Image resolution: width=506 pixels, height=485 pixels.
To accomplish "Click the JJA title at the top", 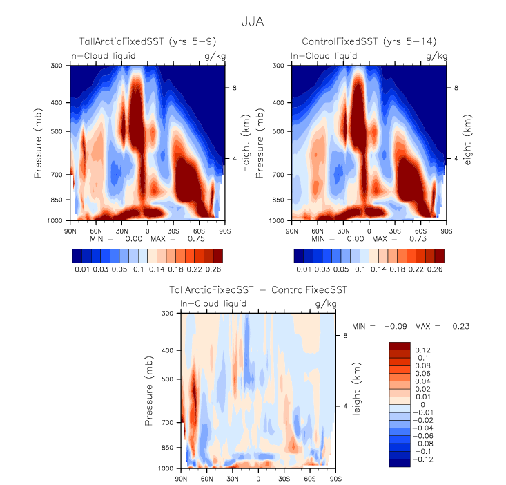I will [x=253, y=21].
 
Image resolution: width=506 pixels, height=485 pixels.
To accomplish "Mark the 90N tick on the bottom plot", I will [x=181, y=478].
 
